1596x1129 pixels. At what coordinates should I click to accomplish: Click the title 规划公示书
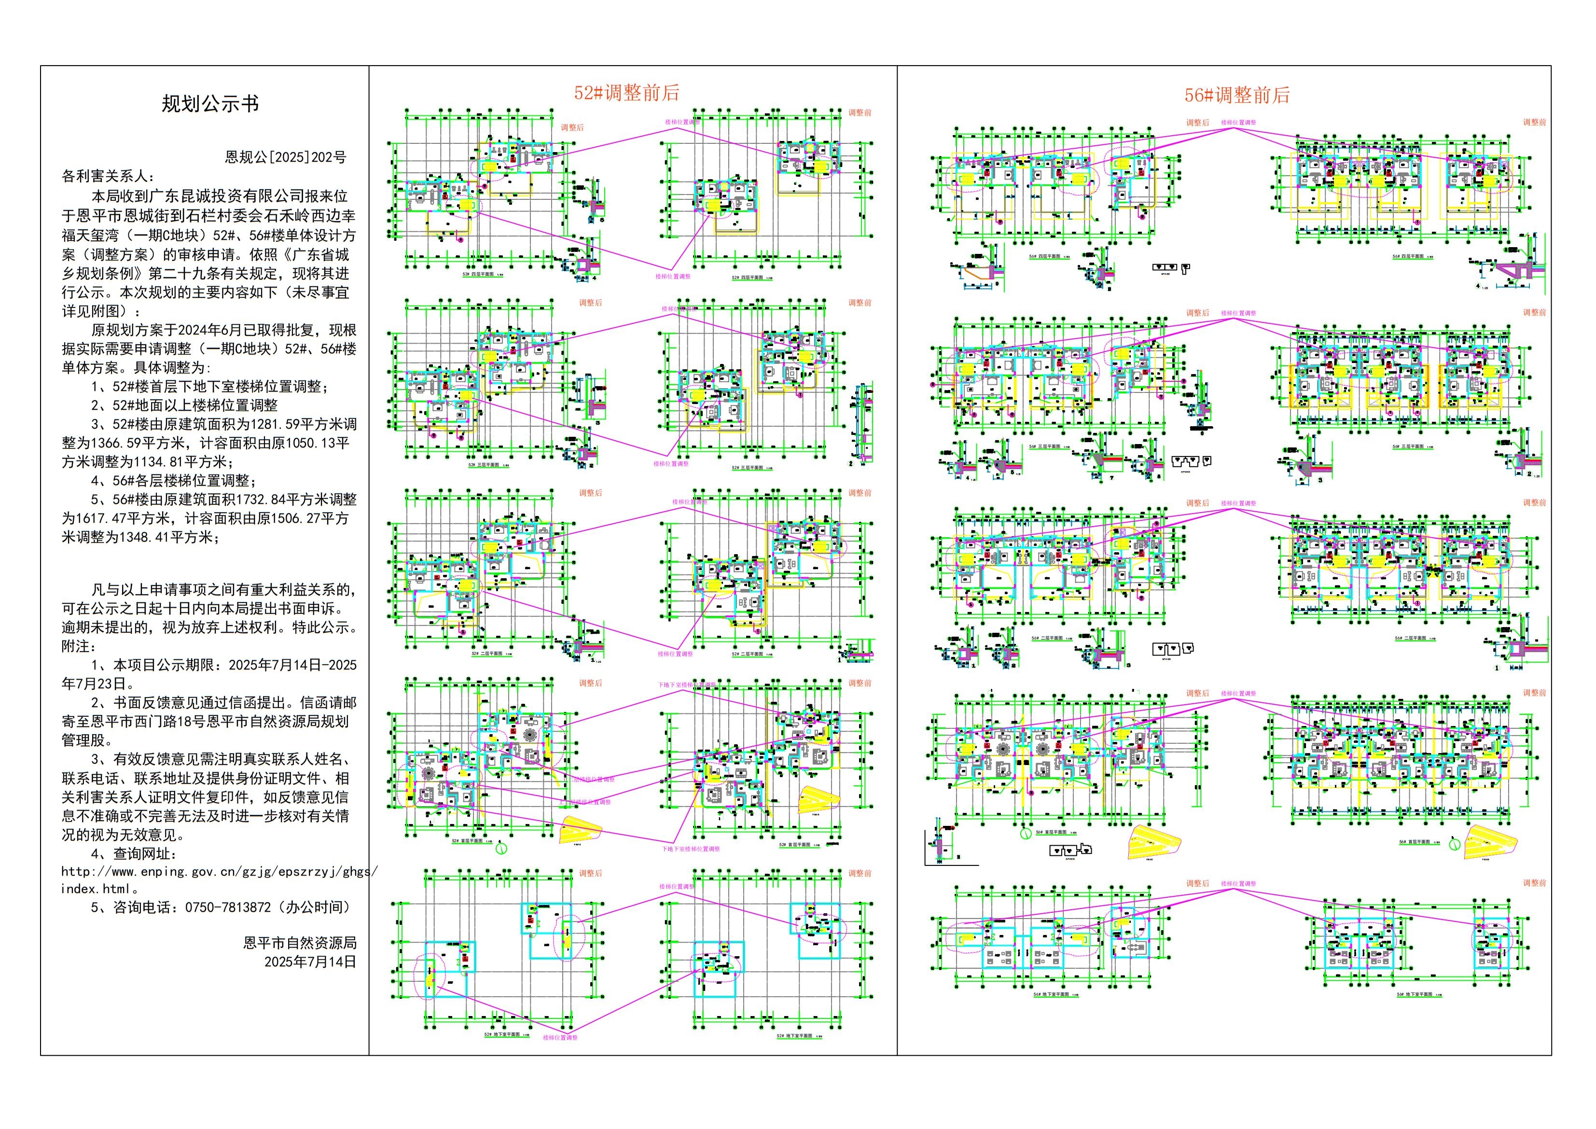(x=210, y=104)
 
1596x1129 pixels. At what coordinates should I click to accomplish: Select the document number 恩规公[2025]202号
(x=285, y=157)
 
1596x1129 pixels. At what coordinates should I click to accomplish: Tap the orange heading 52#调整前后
(x=626, y=93)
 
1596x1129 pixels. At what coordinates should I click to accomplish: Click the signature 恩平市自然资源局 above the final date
(x=300, y=943)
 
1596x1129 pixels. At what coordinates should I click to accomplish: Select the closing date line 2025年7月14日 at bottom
(x=310, y=962)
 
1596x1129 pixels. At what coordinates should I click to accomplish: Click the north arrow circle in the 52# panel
(x=500, y=848)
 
